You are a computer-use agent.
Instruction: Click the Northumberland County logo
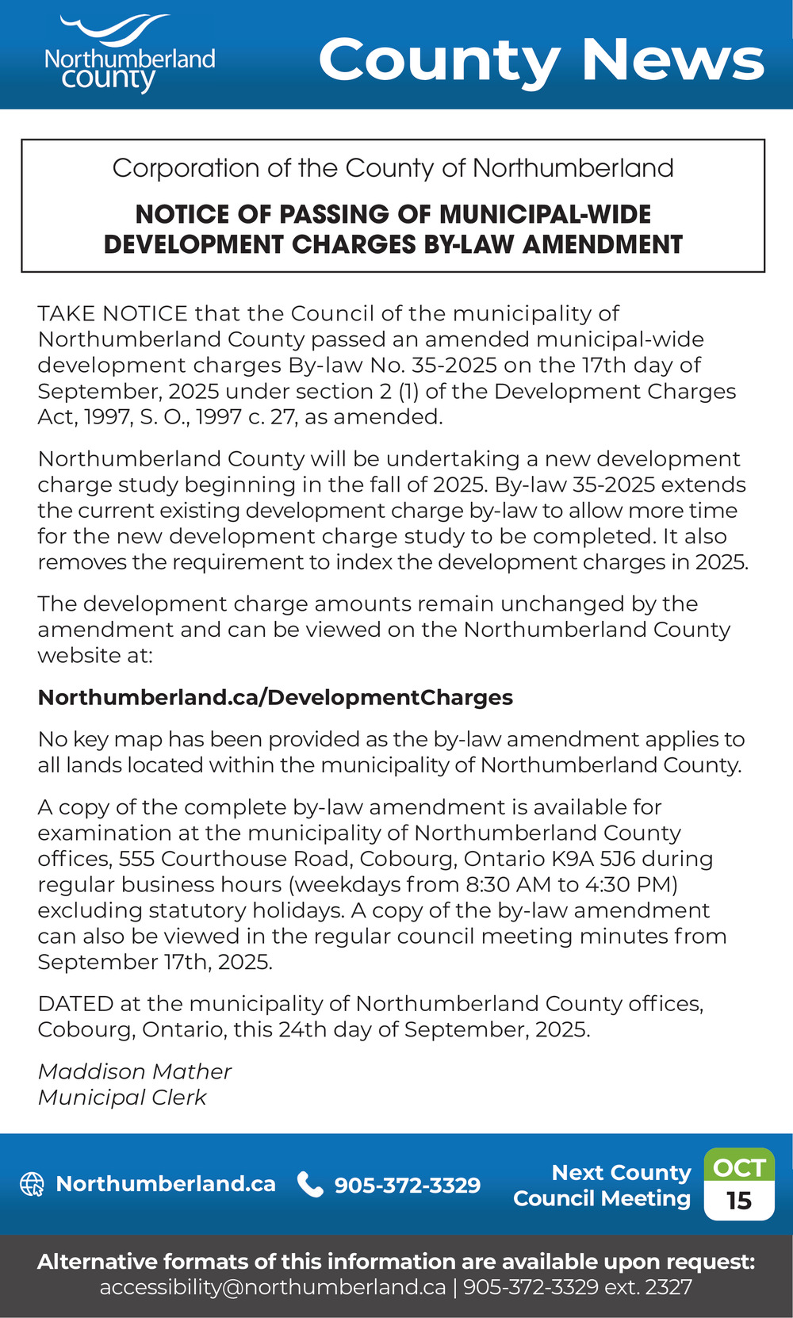tap(129, 54)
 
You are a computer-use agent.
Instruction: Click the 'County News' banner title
tap(541, 60)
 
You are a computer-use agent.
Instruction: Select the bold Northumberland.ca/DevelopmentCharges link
tap(275, 698)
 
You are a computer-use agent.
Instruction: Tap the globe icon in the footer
tap(32, 1184)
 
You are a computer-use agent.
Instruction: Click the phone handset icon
tap(309, 1184)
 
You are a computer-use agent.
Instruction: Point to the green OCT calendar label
tap(739, 1167)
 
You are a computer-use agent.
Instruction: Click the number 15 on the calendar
tap(739, 1201)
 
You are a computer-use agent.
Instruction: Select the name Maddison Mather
tap(135, 1072)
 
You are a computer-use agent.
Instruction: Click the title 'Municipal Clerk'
tap(122, 1098)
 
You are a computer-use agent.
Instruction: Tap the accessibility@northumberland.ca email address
tap(273, 1287)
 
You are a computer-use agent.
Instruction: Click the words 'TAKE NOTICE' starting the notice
tap(113, 314)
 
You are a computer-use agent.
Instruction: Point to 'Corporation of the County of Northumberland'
tap(393, 168)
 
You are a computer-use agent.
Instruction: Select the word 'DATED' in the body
tap(76, 1004)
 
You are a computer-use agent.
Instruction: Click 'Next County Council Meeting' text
tap(603, 1185)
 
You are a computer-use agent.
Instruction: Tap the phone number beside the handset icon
tap(408, 1186)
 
